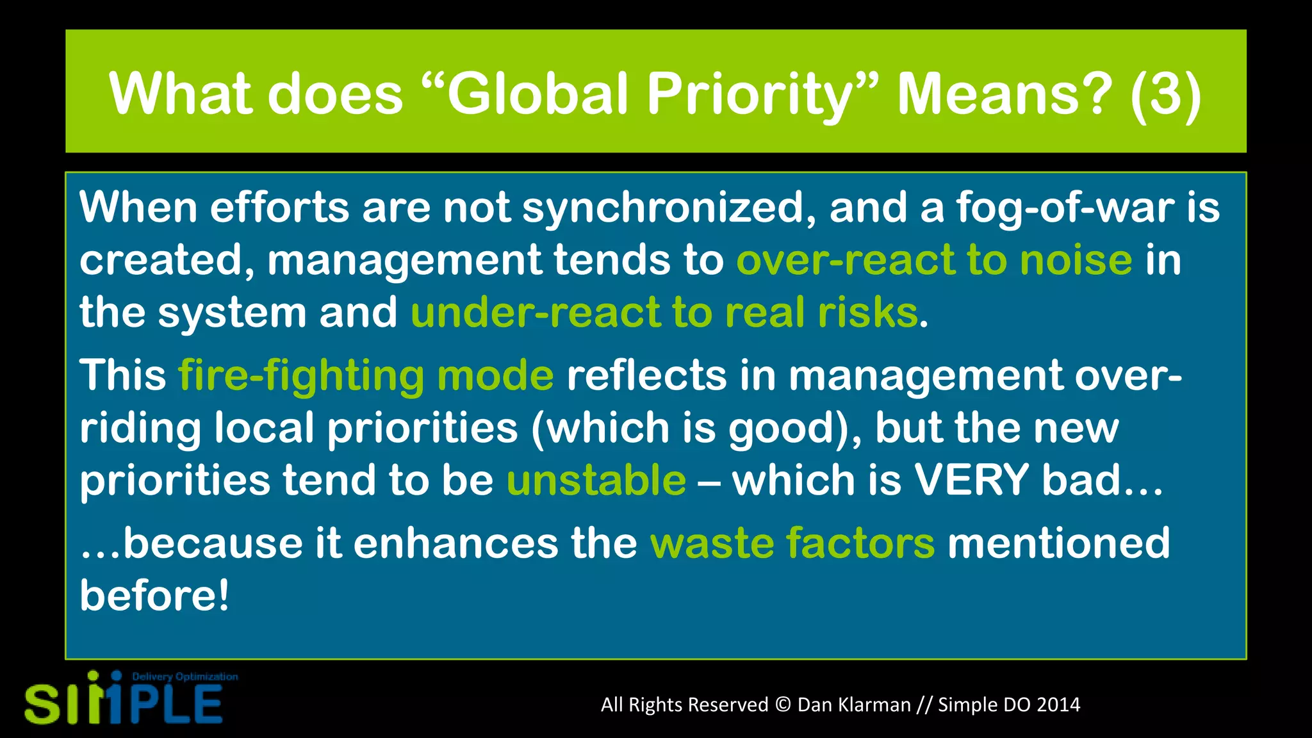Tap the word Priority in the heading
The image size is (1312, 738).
[x=753, y=95]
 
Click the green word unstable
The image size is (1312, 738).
[x=596, y=480]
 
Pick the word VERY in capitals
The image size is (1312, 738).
[x=971, y=480]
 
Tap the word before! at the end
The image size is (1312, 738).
[x=154, y=595]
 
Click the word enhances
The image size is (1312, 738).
[x=455, y=543]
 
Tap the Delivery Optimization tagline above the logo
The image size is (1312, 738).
[x=184, y=676]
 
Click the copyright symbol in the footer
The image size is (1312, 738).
[x=783, y=705]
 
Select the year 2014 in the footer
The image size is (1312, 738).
[x=1058, y=705]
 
